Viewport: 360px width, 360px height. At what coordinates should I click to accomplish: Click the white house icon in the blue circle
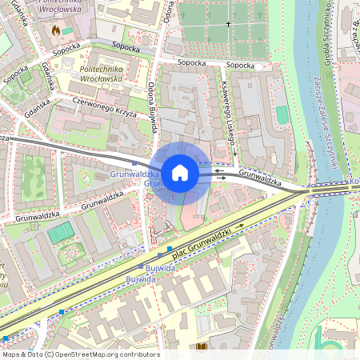(180, 172)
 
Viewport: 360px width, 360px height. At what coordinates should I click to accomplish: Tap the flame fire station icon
(55, 30)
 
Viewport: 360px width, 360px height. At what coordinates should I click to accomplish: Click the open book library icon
(201, 346)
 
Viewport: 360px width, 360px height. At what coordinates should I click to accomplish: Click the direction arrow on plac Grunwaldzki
(239, 226)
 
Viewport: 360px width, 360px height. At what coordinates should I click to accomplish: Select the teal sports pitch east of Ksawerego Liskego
(282, 114)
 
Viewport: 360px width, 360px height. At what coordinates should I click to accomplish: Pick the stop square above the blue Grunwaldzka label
(134, 162)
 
